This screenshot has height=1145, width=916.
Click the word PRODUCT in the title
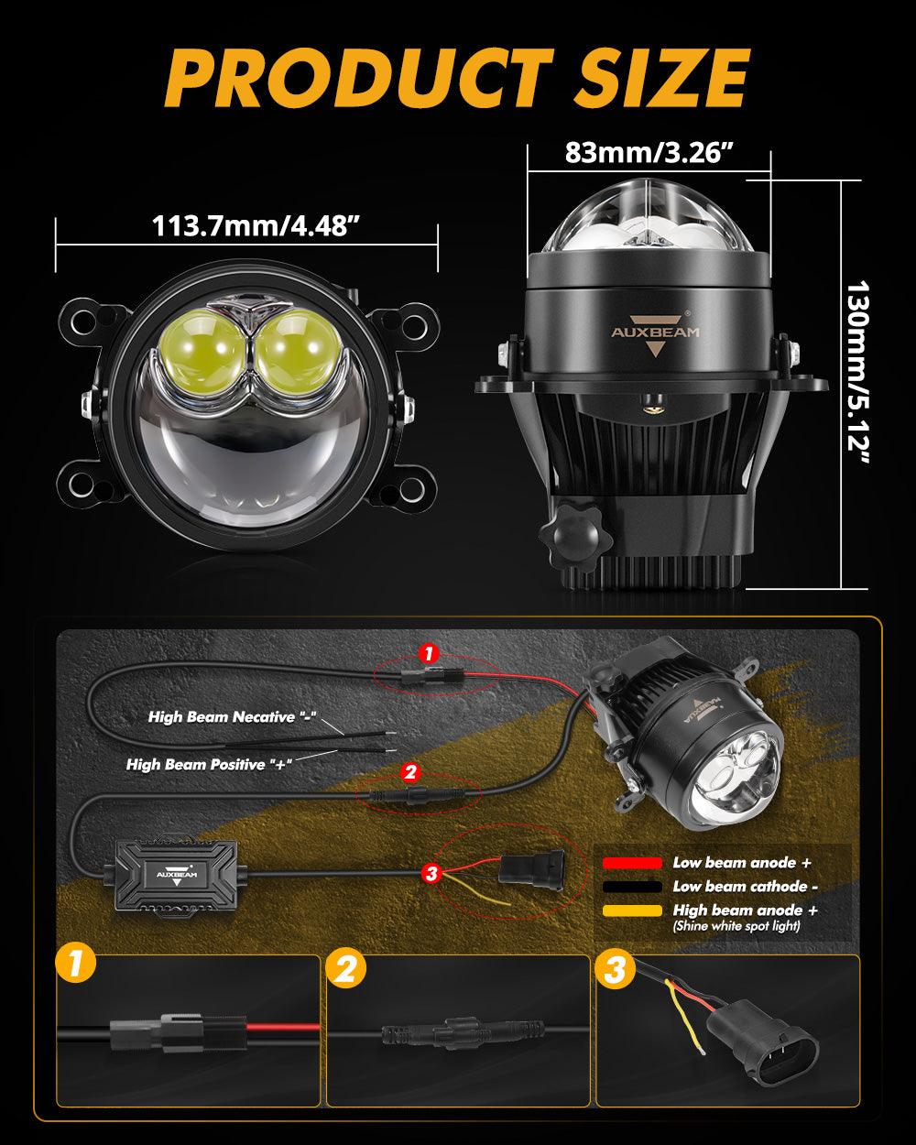(x=358, y=78)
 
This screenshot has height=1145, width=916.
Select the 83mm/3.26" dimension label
(x=649, y=153)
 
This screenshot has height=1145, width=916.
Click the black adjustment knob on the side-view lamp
(x=575, y=537)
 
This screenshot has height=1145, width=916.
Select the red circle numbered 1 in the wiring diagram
(x=429, y=654)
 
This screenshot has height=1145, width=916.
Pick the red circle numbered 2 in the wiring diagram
(x=410, y=772)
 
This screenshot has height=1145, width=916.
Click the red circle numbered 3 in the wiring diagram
(x=431, y=873)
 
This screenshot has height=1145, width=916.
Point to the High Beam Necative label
(x=232, y=716)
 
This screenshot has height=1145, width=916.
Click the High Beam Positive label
(x=209, y=764)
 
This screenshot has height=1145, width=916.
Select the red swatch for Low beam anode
(x=632, y=863)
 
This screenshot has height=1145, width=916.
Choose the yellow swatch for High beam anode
(x=632, y=911)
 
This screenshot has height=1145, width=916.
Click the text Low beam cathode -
(x=745, y=887)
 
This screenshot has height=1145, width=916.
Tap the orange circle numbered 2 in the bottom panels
(x=346, y=969)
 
